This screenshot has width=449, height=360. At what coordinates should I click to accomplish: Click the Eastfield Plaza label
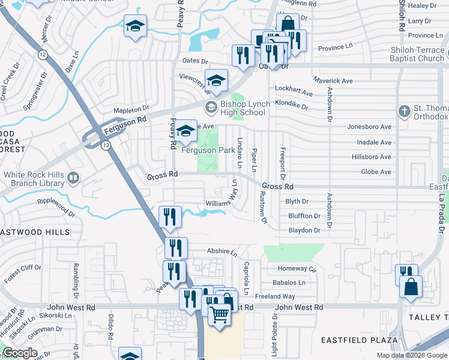[x=359, y=340]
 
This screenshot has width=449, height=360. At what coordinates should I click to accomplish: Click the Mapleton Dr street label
[x=133, y=110]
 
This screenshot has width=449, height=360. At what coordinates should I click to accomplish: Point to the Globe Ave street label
[x=376, y=172]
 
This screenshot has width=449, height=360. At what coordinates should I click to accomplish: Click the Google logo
[x=20, y=353]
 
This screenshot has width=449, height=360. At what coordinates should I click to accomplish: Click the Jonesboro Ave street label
[x=369, y=127]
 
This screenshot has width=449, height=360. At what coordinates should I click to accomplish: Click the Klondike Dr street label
[x=291, y=107]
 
